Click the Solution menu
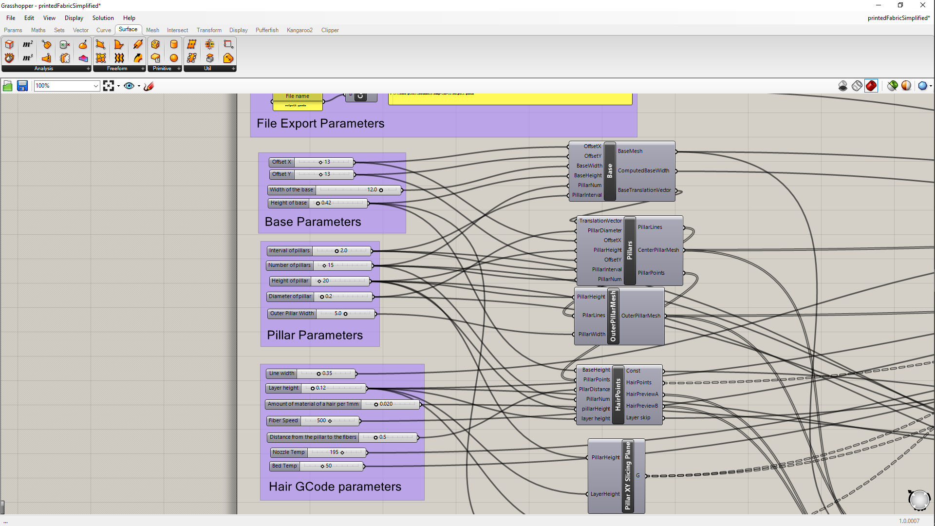click(103, 18)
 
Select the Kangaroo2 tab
click(299, 30)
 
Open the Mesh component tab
click(152, 30)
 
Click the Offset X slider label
click(281, 162)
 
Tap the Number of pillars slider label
click(289, 265)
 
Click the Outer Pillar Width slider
click(345, 314)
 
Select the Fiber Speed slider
click(330, 421)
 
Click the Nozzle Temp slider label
click(288, 452)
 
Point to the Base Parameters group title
click(313, 222)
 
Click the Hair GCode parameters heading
click(335, 487)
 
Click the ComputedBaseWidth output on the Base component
click(643, 171)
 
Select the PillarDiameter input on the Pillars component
click(604, 231)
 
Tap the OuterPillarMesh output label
click(641, 316)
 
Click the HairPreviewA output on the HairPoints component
click(642, 394)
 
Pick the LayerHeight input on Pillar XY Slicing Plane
click(605, 494)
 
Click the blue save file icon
click(22, 86)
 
